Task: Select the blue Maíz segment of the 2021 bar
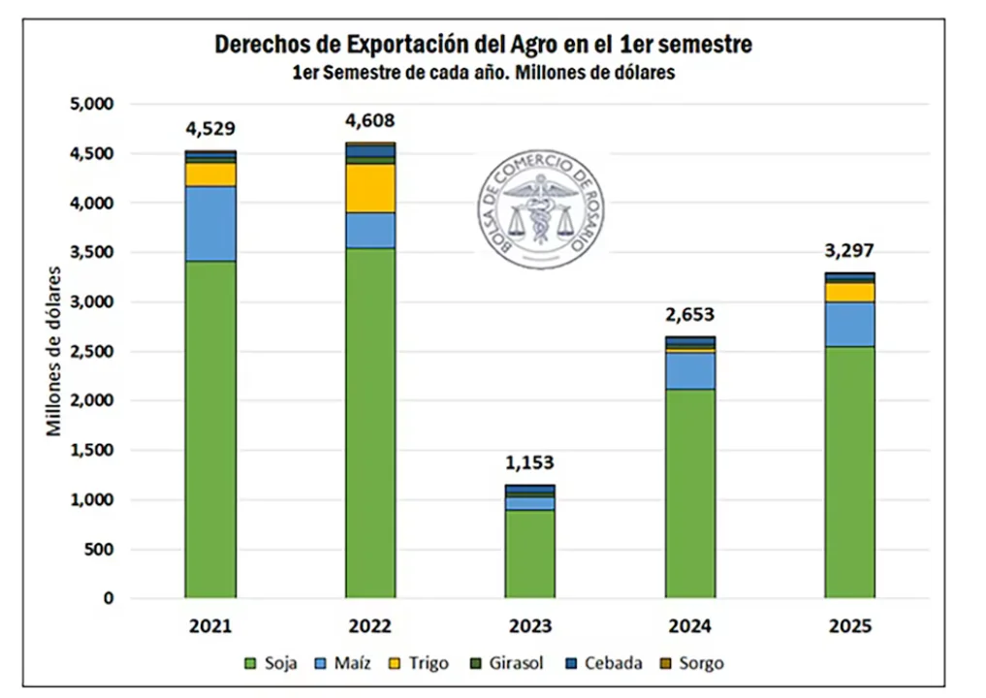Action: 210,223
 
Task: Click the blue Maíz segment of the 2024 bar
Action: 690,370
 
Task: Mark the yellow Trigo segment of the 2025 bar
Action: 850,292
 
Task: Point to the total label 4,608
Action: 370,121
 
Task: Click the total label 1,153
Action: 530,462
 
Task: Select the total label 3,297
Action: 850,251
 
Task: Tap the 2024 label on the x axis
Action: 690,626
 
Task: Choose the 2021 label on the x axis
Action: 210,626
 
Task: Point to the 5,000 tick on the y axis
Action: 94,104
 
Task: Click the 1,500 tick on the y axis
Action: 94,451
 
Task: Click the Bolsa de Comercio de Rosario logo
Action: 542,208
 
